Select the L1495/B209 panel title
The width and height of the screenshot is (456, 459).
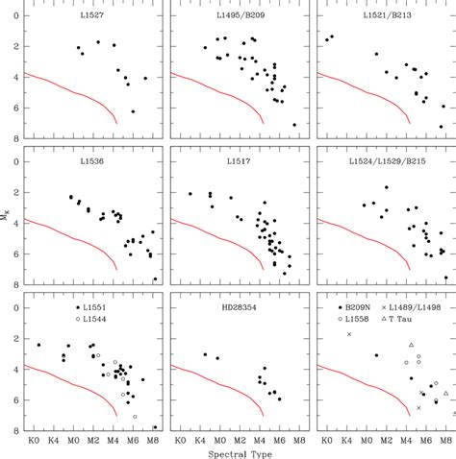241,18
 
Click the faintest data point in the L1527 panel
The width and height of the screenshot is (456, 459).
133,111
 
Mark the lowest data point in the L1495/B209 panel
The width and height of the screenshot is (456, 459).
293,125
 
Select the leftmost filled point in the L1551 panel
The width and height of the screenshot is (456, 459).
38,345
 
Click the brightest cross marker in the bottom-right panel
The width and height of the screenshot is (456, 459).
349,333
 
